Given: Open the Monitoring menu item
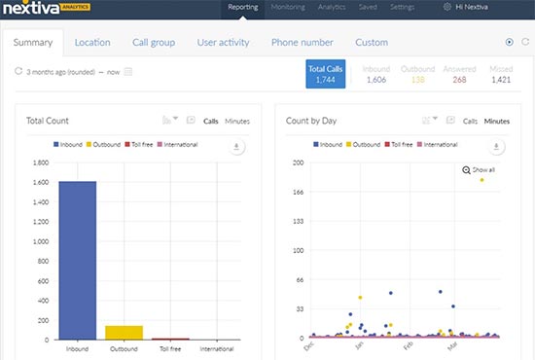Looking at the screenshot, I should (x=289, y=7).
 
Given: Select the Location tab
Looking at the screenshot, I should (x=92, y=42).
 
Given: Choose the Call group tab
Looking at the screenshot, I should (x=154, y=42).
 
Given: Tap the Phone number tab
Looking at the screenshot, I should (x=302, y=42).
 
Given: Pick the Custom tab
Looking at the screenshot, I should (x=371, y=42).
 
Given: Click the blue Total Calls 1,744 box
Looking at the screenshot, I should (x=326, y=74).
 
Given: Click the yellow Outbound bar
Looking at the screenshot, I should (x=125, y=332).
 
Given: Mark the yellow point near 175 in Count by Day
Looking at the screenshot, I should (x=481, y=180).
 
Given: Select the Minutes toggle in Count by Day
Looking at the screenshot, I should (x=496, y=121).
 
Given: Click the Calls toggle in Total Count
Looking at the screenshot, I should (x=210, y=121).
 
